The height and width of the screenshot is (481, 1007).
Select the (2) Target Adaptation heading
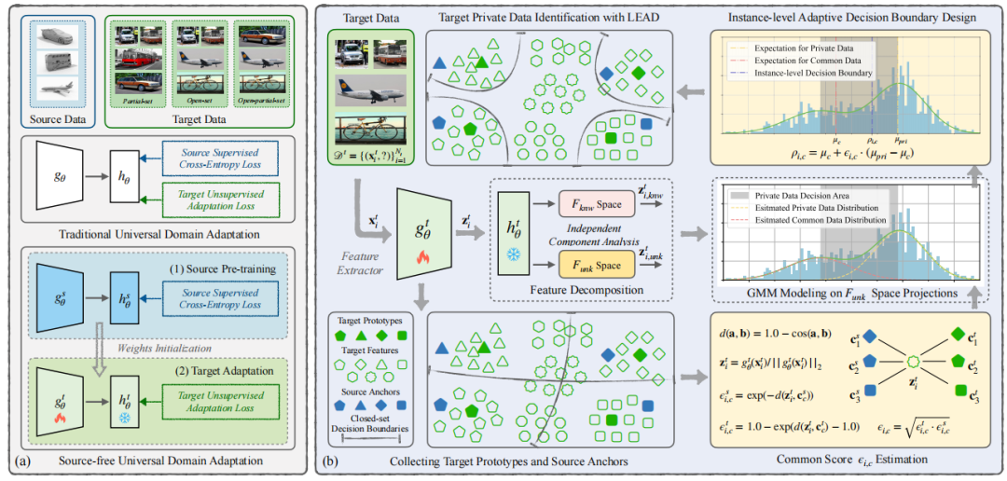click(200, 374)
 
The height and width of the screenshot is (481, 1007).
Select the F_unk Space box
click(598, 264)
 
